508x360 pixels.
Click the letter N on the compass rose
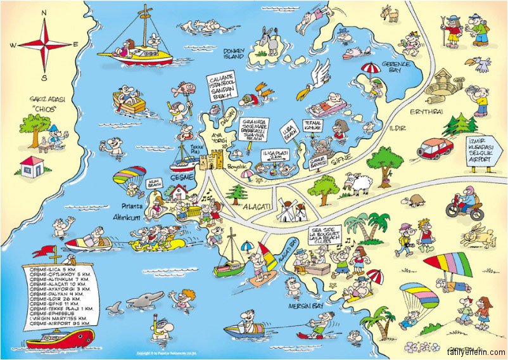[x=44, y=12]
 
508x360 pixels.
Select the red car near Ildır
[x=436, y=148]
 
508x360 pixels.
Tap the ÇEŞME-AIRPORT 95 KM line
[x=54, y=323]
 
